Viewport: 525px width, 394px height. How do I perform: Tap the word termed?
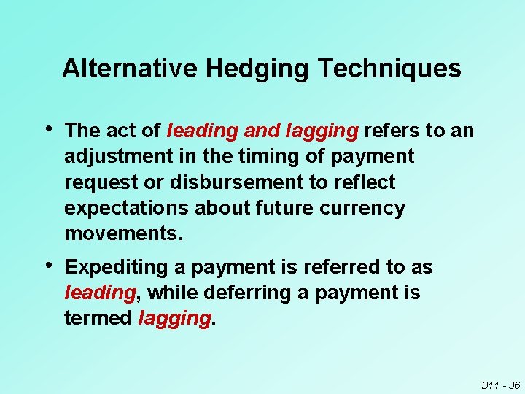click(98, 319)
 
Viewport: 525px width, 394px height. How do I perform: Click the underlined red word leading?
click(100, 293)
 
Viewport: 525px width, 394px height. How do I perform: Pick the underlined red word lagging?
click(174, 320)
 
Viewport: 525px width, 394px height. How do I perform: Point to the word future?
click(282, 208)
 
